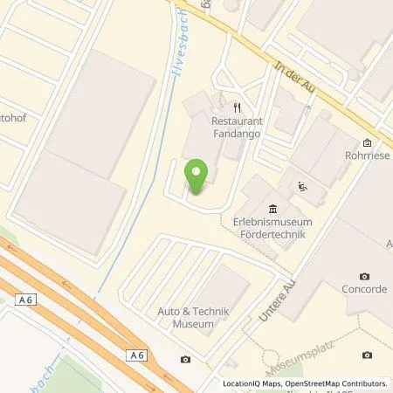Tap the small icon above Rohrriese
[368, 143]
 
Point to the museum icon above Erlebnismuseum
[273, 208]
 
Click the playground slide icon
[302, 185]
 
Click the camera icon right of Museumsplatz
[367, 355]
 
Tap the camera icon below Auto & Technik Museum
[186, 360]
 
